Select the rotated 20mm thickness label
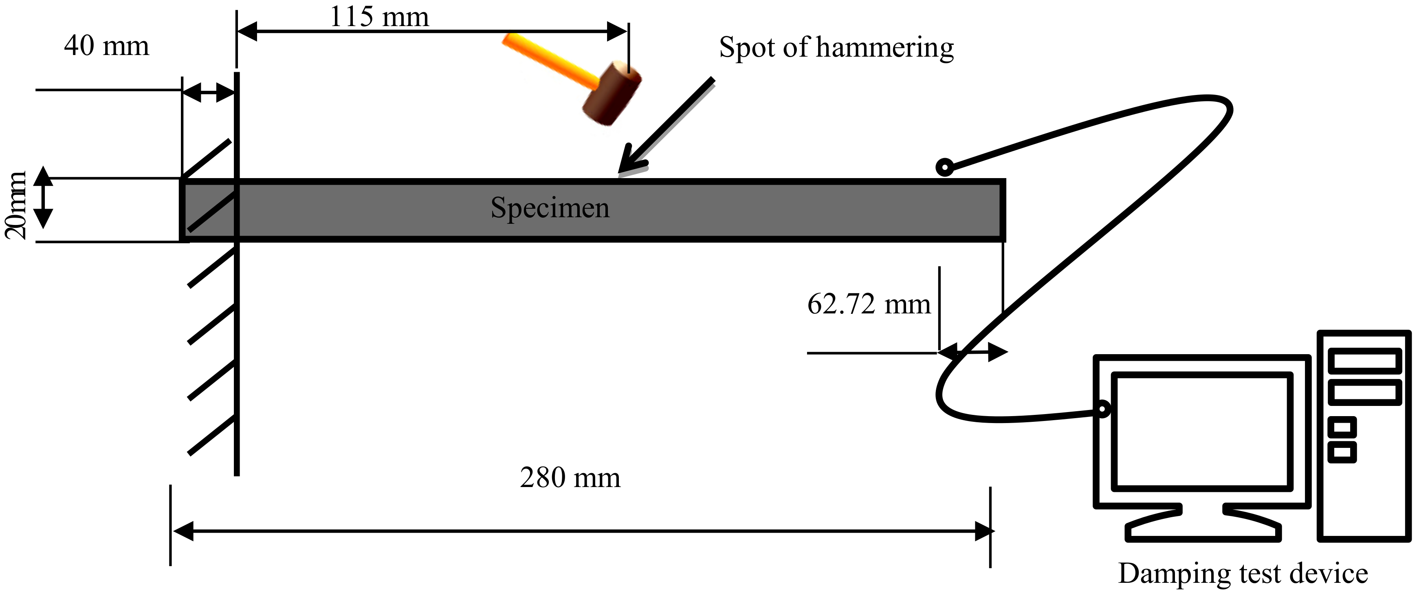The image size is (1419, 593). (15, 205)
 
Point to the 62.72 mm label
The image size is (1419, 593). (869, 304)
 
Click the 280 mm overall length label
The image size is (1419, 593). (570, 477)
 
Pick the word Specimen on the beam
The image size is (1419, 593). (550, 208)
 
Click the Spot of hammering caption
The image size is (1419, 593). (836, 48)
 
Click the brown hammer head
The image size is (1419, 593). (612, 94)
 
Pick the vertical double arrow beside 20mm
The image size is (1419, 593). (44, 198)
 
